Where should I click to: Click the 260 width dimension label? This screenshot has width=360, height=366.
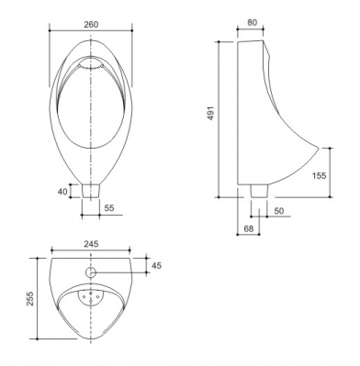[x=91, y=24]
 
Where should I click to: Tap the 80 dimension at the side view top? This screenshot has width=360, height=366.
[x=253, y=22]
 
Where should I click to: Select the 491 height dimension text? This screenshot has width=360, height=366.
[x=212, y=113]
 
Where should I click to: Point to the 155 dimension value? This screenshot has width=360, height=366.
[x=320, y=175]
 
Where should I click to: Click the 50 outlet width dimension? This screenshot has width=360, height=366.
[x=279, y=211]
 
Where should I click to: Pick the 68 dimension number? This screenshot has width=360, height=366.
[x=249, y=228]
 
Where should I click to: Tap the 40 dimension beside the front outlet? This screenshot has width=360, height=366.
[x=62, y=192]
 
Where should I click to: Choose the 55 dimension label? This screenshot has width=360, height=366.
[x=109, y=208]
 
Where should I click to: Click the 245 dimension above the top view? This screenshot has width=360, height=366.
[x=91, y=244]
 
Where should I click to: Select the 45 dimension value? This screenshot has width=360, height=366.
[x=156, y=265]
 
